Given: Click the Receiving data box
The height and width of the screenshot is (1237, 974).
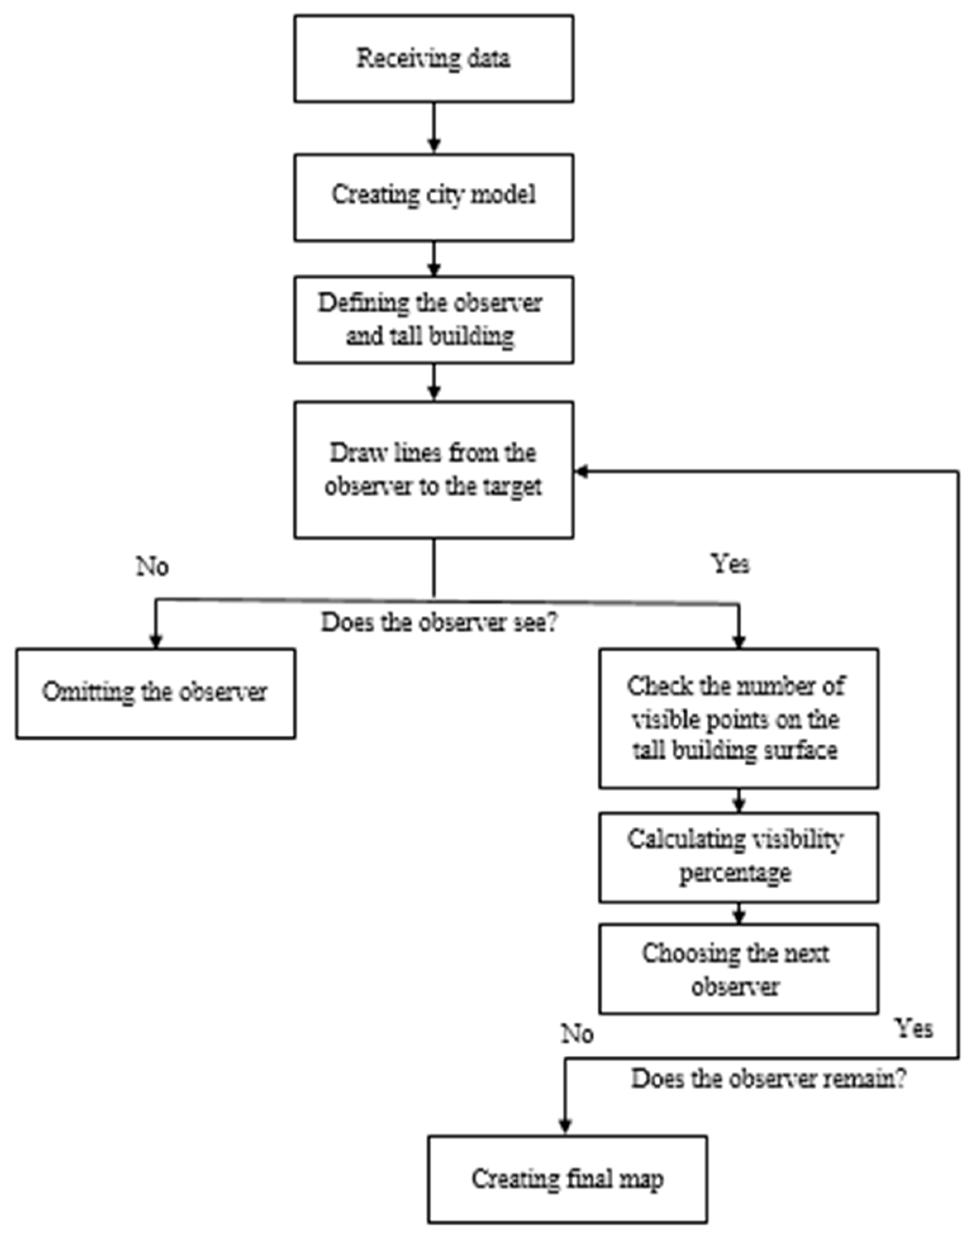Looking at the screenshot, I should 433,59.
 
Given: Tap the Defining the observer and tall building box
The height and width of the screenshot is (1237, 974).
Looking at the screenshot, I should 433,319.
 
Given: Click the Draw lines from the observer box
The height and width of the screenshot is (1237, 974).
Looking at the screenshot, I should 433,469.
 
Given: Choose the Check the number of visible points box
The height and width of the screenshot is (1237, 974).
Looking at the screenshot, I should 738,718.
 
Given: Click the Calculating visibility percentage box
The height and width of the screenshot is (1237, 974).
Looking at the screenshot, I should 738,857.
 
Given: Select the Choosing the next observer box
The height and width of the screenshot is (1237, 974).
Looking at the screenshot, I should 738,969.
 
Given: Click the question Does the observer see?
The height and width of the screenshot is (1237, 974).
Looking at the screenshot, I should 438,622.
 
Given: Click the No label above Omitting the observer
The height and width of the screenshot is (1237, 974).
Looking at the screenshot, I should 152,567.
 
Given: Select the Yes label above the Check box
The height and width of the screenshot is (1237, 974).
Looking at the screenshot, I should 730,564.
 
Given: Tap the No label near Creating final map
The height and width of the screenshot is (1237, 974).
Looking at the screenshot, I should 577,1033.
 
